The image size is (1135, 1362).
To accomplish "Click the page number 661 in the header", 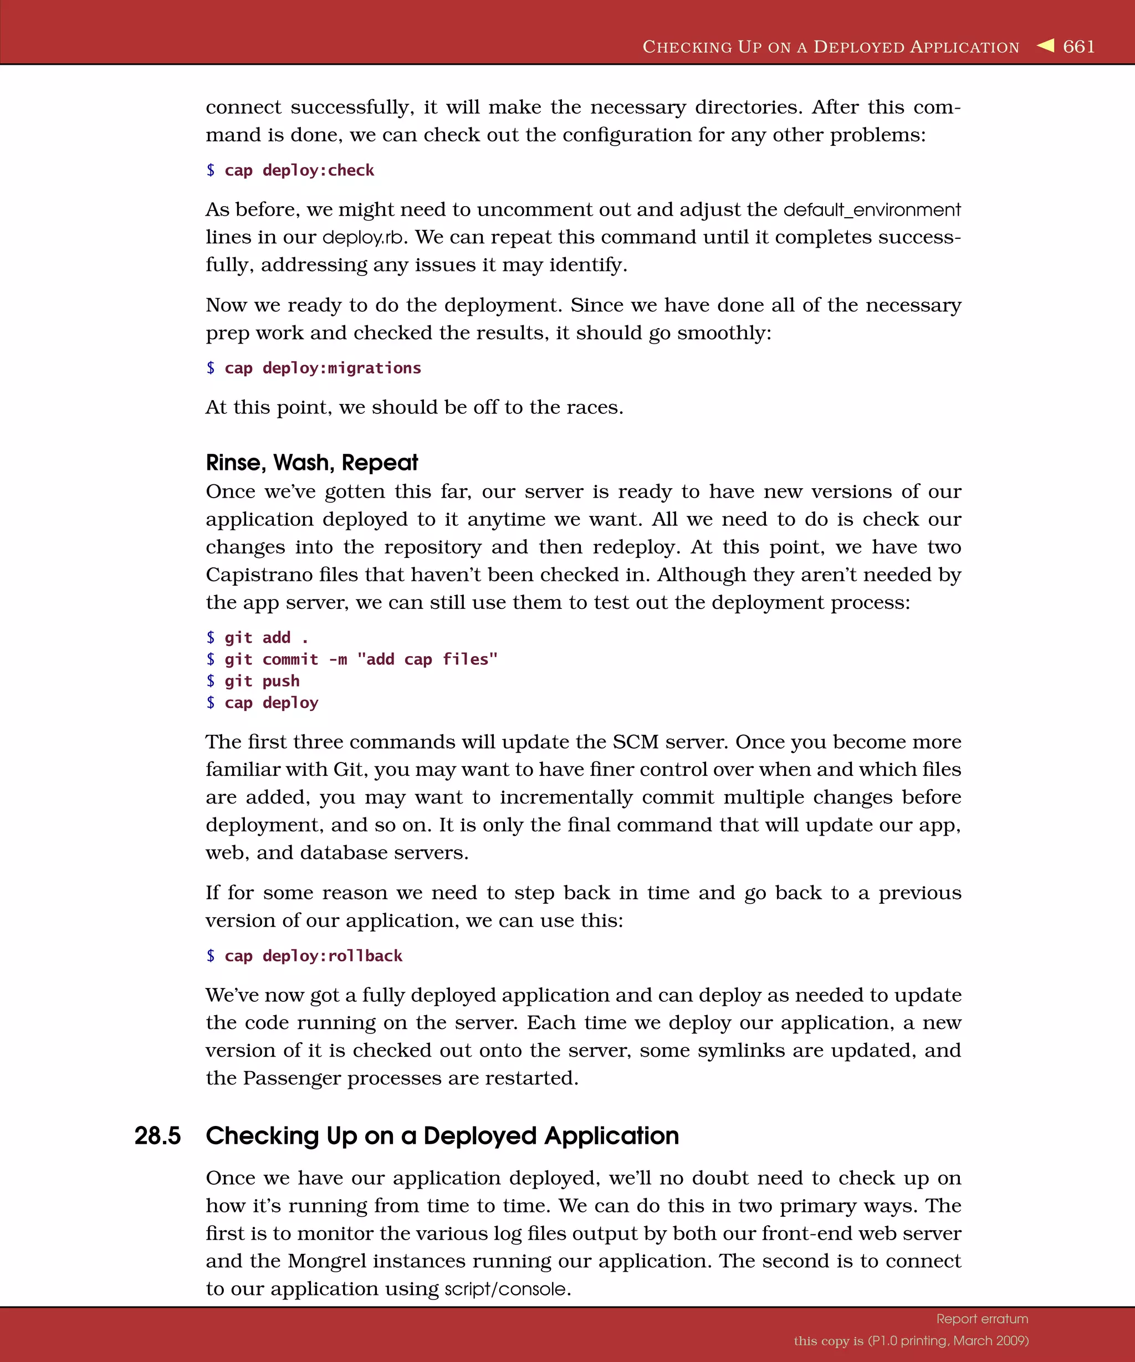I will pyautogui.click(x=1078, y=47).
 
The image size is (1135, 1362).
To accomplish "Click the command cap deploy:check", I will pyautogui.click(x=299, y=171).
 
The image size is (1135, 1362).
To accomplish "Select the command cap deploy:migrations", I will pyautogui.click(x=323, y=368).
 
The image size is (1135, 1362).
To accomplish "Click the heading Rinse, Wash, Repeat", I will pyautogui.click(x=312, y=463).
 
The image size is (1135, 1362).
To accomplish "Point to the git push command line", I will pyautogui.click(x=262, y=681).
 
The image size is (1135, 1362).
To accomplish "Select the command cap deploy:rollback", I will pyautogui.click(x=313, y=956).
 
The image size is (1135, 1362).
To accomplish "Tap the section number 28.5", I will pyautogui.click(x=157, y=1136).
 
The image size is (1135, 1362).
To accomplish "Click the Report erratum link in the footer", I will pyautogui.click(x=982, y=1319).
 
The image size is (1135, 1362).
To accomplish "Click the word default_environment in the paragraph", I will pyautogui.click(x=872, y=210).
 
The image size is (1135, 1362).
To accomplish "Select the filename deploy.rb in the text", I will pyautogui.click(x=363, y=237).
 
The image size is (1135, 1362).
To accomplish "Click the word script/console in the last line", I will pyautogui.click(x=505, y=1289).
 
